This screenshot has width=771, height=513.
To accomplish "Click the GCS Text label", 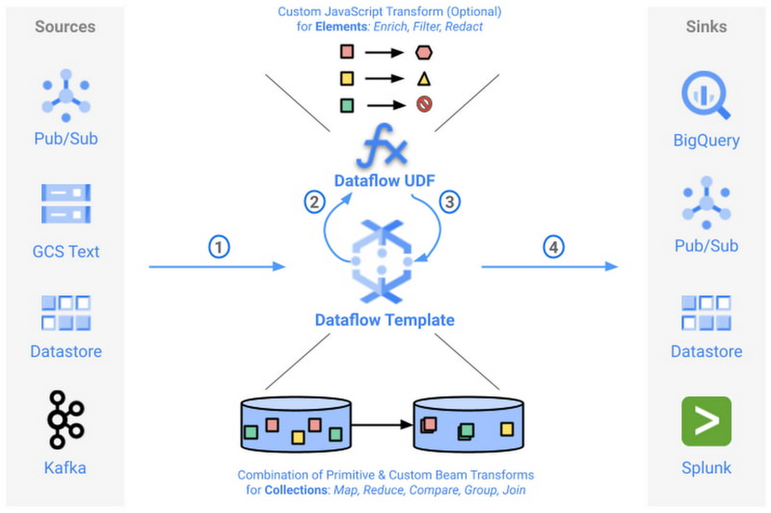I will pyautogui.click(x=66, y=252).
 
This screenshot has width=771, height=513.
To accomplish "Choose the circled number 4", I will pyautogui.click(x=553, y=247).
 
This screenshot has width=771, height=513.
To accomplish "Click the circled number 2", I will pyautogui.click(x=314, y=202).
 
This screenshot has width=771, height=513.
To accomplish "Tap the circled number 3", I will pyautogui.click(x=450, y=202).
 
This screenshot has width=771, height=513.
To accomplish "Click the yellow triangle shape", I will pyautogui.click(x=424, y=79).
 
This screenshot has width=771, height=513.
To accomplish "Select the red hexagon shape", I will pyautogui.click(x=424, y=52).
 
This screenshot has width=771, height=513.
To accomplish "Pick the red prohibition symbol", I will pyautogui.click(x=424, y=105).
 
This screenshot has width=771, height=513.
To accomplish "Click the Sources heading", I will pyautogui.click(x=65, y=26).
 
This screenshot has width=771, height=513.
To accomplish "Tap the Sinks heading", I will pyautogui.click(x=706, y=26).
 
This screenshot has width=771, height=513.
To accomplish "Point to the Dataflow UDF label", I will pyautogui.click(x=384, y=181).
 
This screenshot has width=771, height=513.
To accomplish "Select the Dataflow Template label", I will pyautogui.click(x=384, y=320).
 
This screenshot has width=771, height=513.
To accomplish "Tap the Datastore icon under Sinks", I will pyautogui.click(x=706, y=313).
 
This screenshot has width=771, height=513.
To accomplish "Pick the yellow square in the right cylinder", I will pyautogui.click(x=506, y=429).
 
